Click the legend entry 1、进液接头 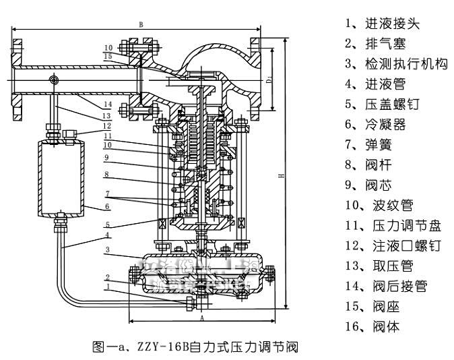coord(382,24)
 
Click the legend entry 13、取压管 coord(382,266)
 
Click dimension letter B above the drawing coord(141,24)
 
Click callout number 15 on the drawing coord(108,56)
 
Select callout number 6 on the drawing coord(106,206)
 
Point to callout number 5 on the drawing coord(106,224)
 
